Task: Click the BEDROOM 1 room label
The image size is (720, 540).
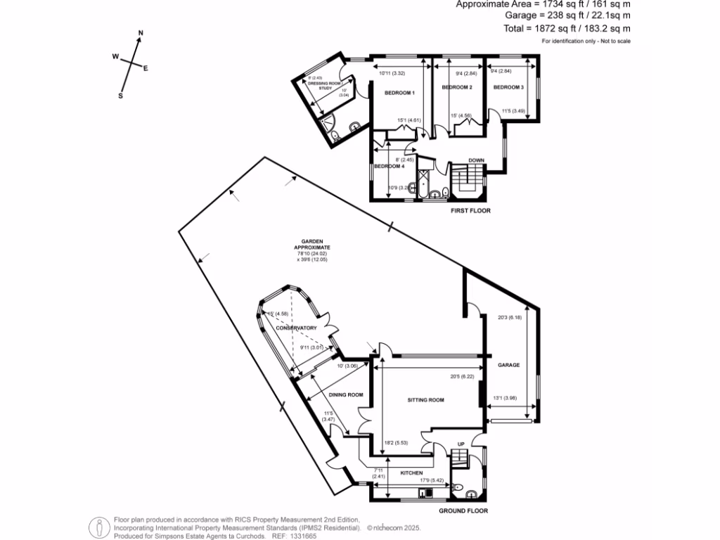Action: click(x=399, y=93)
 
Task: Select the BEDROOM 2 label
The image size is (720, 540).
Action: click(x=456, y=87)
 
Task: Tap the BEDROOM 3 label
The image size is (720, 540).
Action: click(x=508, y=87)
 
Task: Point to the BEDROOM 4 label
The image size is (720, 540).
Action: click(x=389, y=167)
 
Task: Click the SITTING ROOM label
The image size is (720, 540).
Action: click(x=427, y=400)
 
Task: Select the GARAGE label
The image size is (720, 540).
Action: click(x=508, y=366)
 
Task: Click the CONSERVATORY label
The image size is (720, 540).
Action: click(x=296, y=328)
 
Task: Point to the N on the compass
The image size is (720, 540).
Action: click(x=141, y=33)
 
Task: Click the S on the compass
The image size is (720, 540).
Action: click(x=120, y=96)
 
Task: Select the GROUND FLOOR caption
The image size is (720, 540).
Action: click(x=463, y=511)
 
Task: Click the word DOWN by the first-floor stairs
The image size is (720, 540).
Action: click(x=476, y=160)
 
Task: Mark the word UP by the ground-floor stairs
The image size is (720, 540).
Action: click(x=461, y=444)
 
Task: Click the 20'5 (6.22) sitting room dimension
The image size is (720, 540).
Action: click(x=462, y=376)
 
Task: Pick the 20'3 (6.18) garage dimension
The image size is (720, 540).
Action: click(x=507, y=317)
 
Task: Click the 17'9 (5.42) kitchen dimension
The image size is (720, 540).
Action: click(x=430, y=481)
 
